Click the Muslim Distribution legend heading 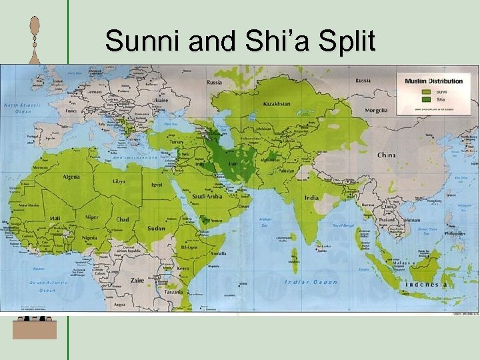click(433, 81)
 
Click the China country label click(386, 155)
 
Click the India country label click(311, 197)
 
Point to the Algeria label click(71, 177)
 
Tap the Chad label click(123, 219)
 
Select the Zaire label click(137, 280)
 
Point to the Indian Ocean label click(311, 282)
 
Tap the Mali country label click(54, 217)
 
